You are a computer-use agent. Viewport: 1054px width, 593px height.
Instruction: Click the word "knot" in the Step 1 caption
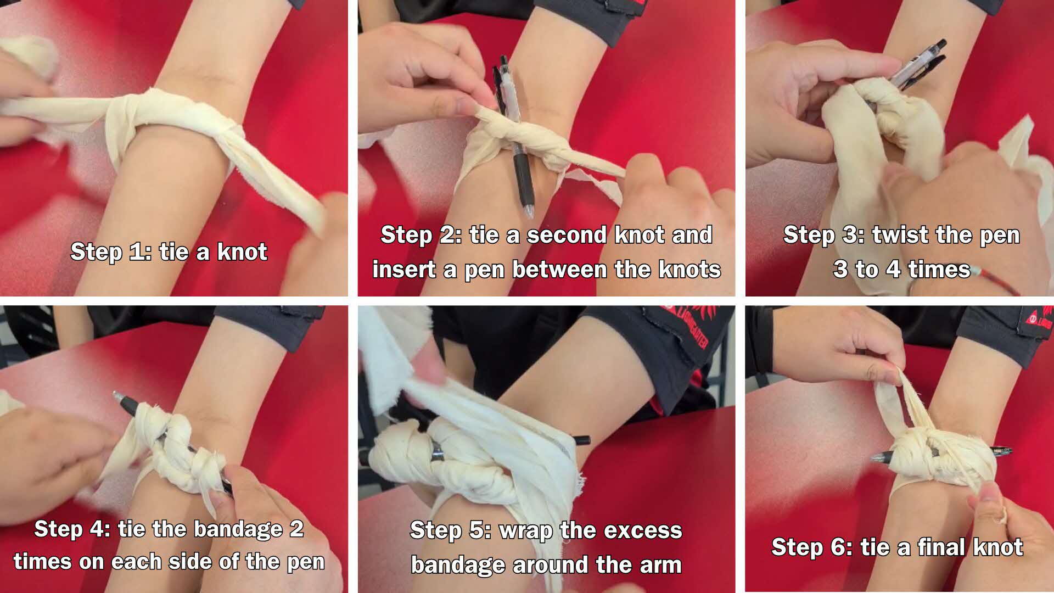[x=242, y=251]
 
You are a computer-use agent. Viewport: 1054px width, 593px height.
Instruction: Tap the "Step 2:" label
[x=418, y=235]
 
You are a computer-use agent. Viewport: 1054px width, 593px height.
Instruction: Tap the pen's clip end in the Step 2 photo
[x=503, y=61]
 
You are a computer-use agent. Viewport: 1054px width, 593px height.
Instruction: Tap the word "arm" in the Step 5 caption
[x=659, y=565]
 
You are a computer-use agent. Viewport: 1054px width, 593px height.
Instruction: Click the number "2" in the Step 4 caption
[x=296, y=529]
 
